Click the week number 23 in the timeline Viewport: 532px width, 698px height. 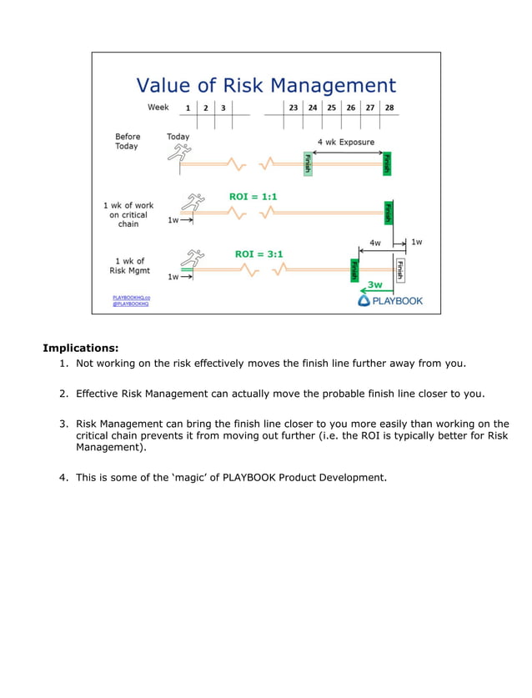point(294,108)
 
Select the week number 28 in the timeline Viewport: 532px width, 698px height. point(389,108)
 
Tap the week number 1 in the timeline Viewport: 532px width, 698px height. point(188,108)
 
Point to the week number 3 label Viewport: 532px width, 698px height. point(223,108)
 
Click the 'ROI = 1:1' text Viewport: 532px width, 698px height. point(253,197)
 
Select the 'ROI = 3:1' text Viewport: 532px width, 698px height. point(259,254)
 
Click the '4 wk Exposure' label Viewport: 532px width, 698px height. point(345,142)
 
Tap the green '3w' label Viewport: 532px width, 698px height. point(376,284)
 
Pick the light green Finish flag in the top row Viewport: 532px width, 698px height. point(308,163)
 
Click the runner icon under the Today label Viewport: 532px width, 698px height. point(178,153)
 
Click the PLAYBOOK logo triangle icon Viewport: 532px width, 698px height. point(364,300)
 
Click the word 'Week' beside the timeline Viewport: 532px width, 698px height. point(158,108)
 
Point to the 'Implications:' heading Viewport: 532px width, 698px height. point(81,348)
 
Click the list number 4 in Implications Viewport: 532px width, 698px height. point(63,477)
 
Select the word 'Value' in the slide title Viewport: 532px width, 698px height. point(163,85)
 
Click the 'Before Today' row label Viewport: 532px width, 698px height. point(128,141)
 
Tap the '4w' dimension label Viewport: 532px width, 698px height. point(375,243)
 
